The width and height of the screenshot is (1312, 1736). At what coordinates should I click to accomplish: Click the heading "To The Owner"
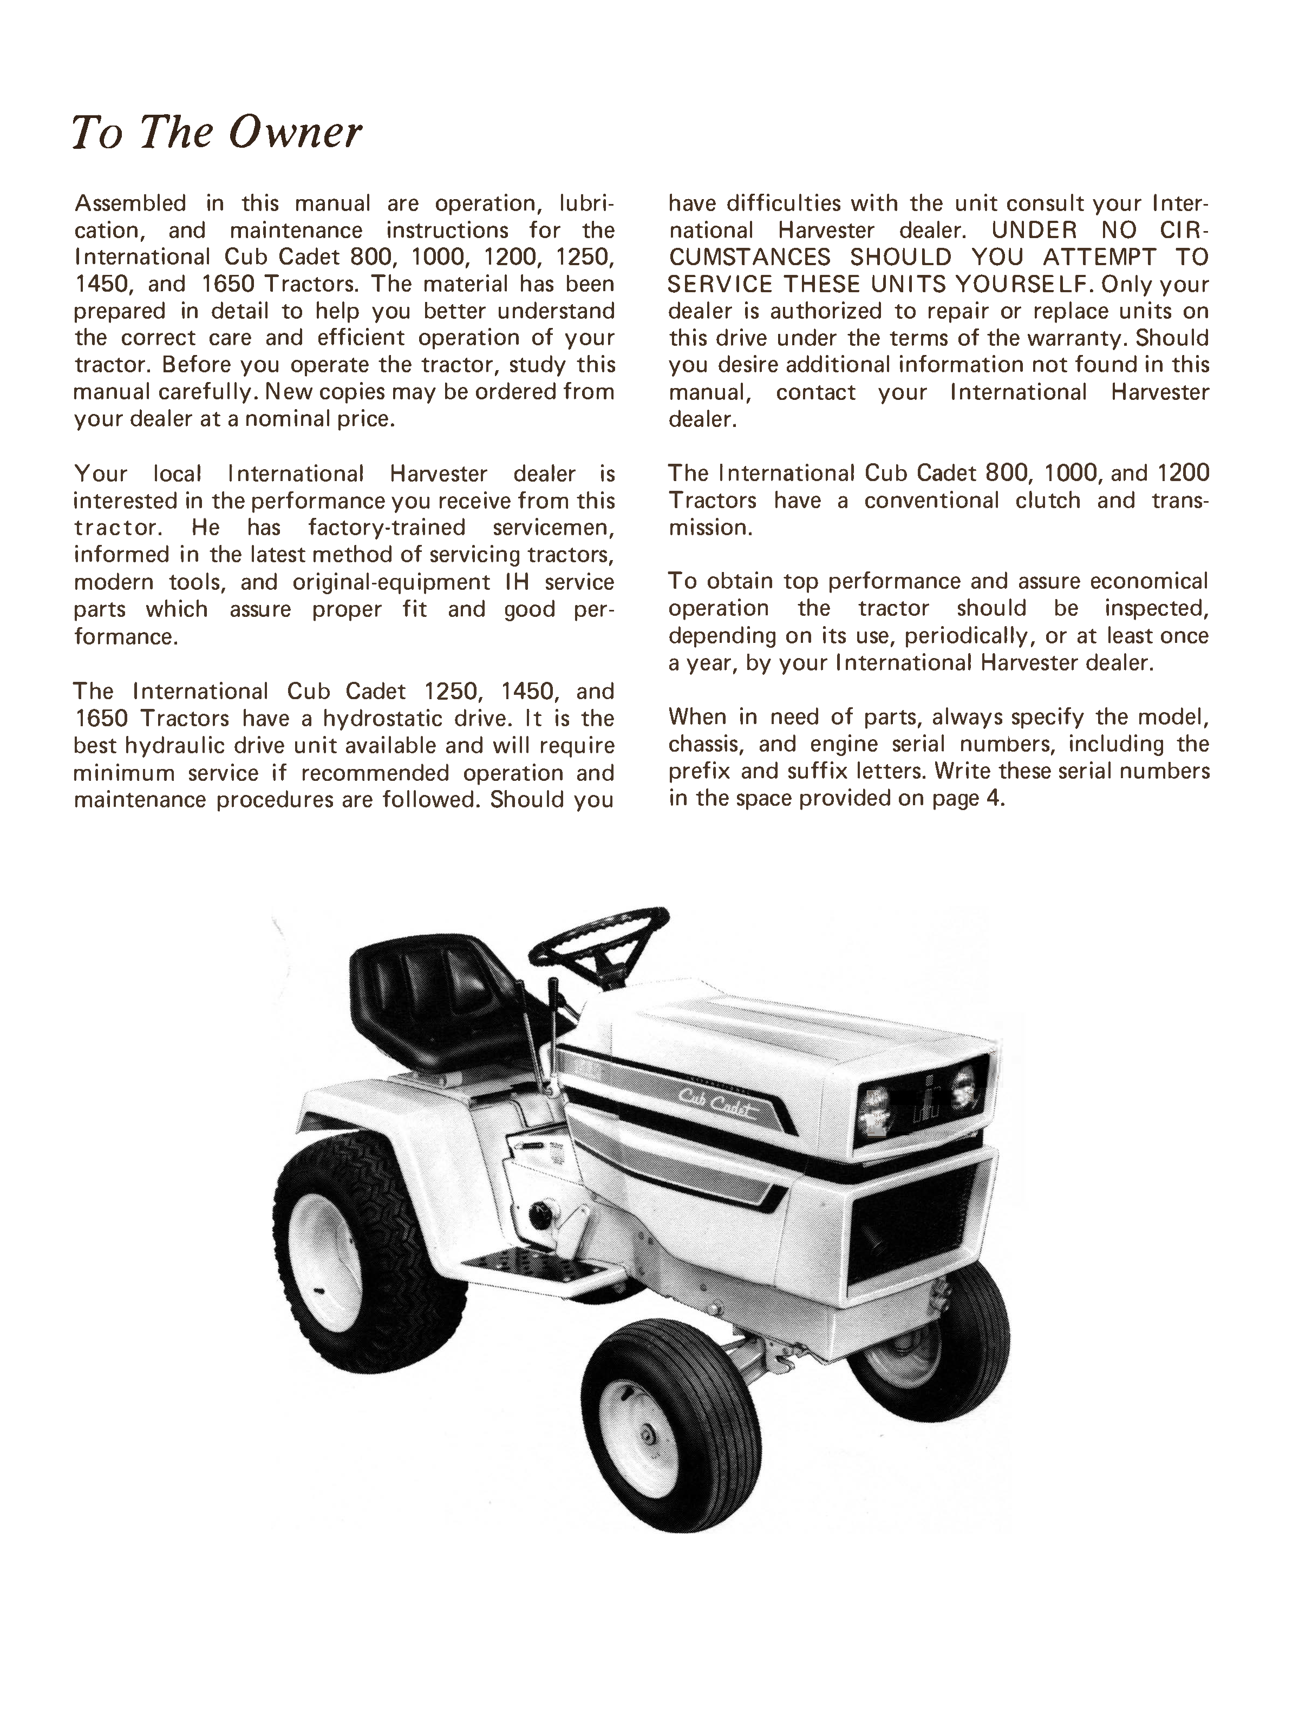tap(217, 132)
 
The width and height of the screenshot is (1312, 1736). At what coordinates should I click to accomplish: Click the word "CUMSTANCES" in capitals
tap(750, 258)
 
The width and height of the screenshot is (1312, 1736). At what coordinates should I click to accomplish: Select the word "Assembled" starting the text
tap(130, 203)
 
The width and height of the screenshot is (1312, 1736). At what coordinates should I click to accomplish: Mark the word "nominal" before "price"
tap(286, 419)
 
